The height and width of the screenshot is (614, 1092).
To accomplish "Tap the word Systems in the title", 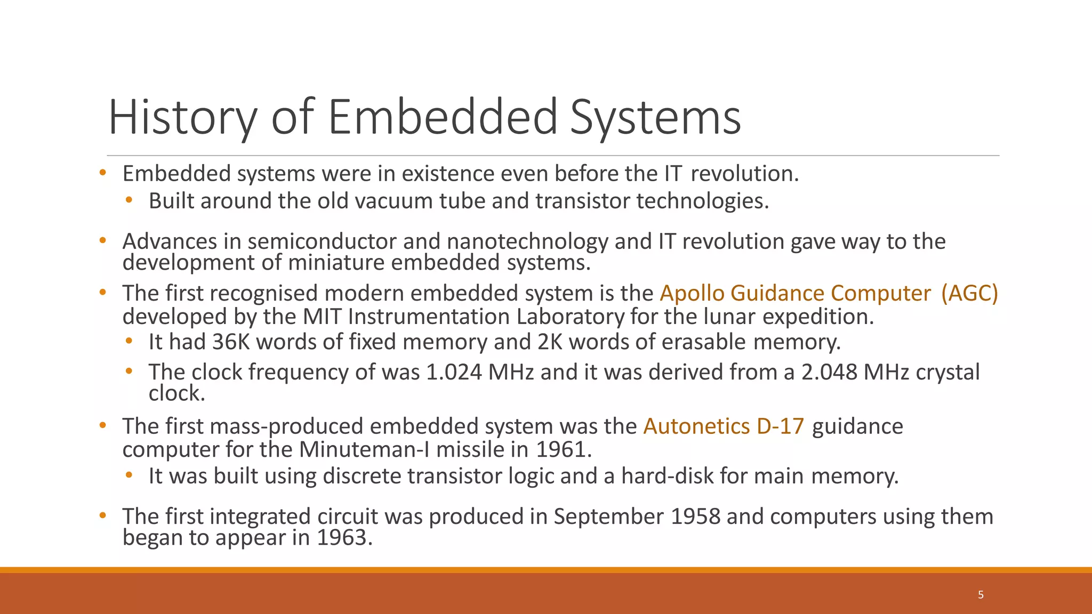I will click(655, 118).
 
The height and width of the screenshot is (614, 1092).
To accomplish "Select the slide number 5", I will click(981, 595).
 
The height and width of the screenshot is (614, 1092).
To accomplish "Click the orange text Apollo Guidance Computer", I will click(795, 294).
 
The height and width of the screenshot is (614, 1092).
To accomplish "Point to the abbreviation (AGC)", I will click(969, 294).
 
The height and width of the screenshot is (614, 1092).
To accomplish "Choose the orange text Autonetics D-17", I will click(724, 426).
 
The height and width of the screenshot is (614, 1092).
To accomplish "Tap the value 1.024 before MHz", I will click(454, 372).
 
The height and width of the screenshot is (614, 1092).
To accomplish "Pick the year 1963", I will click(344, 538).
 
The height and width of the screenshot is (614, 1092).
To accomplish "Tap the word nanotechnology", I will click(527, 242).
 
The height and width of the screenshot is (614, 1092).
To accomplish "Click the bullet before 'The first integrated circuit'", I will click(103, 516).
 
